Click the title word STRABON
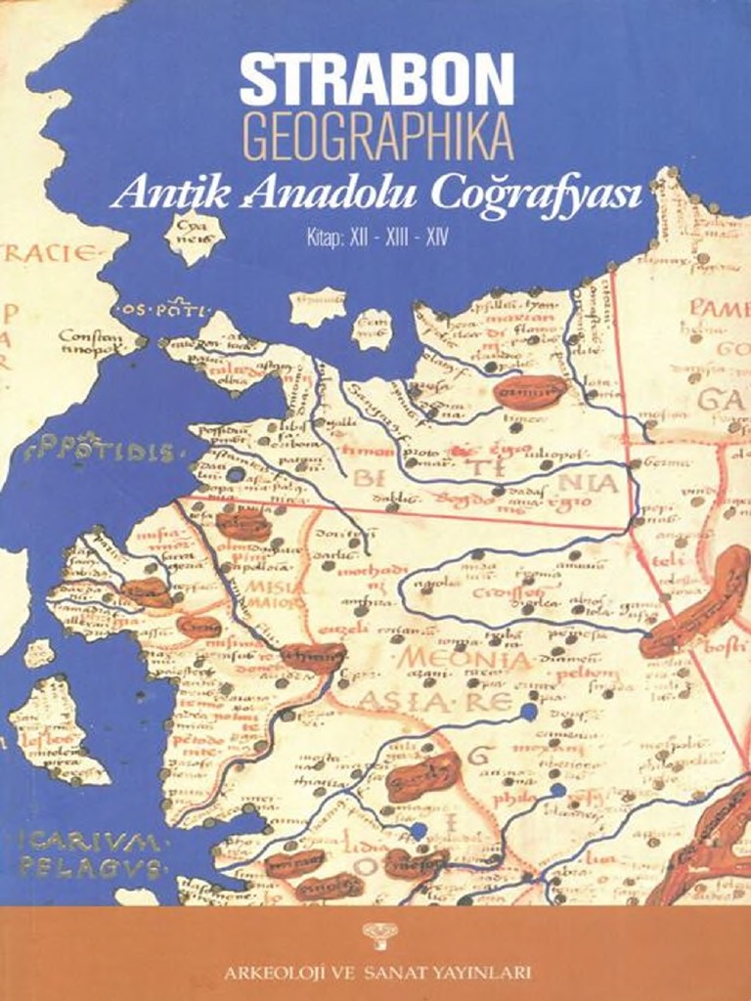(376, 80)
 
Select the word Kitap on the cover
(320, 237)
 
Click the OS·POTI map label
(162, 311)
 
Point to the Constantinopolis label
(90, 342)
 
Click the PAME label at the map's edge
(718, 309)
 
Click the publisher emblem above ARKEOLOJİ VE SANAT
(375, 940)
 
